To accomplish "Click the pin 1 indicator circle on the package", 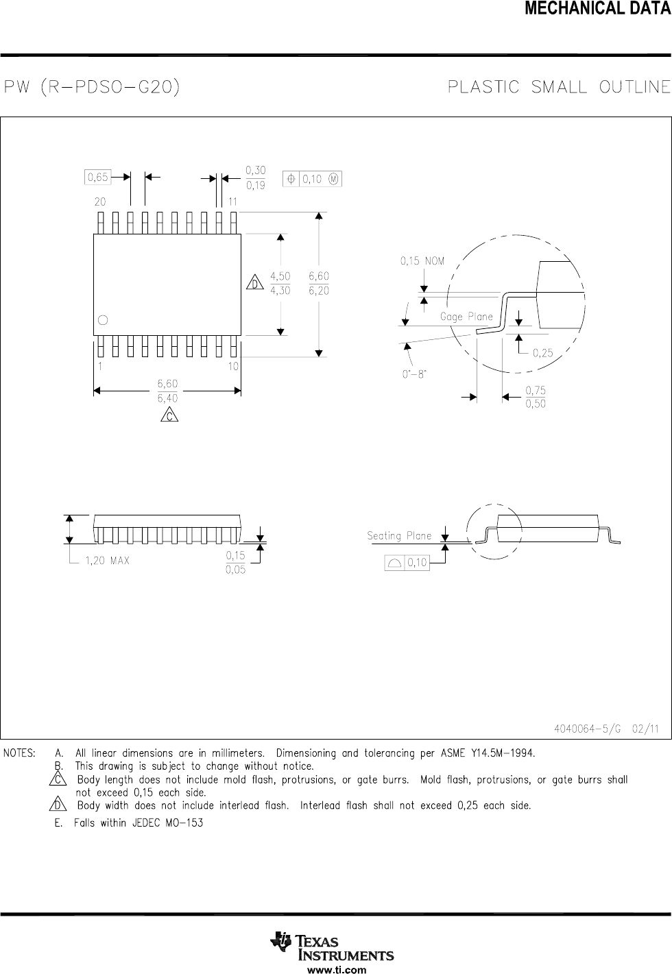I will (103, 319).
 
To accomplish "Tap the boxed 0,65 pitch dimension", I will (97, 178).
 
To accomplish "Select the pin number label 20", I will (100, 202).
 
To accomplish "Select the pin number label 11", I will (232, 202).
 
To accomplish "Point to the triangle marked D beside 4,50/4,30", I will (254, 283).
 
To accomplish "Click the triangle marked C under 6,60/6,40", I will (168, 415).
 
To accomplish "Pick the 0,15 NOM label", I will (422, 260).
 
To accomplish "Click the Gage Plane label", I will (466, 317).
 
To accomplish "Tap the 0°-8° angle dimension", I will (414, 374).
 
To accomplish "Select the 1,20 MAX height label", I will (107, 561).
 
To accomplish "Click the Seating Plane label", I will (399, 536).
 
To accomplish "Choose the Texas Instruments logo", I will (333, 947).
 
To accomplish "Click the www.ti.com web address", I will (336, 969).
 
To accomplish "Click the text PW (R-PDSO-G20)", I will (92, 88).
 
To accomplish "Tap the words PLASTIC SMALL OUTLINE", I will (558, 87).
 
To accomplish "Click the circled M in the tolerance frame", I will (333, 179).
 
